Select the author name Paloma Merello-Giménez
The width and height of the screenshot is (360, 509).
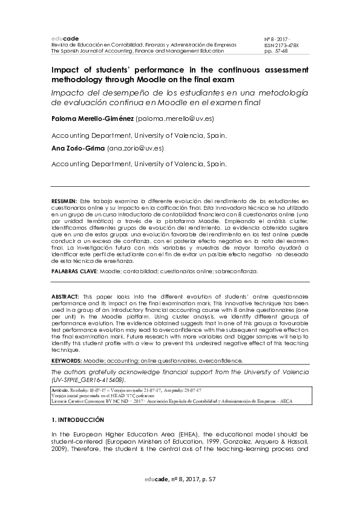click(x=93, y=120)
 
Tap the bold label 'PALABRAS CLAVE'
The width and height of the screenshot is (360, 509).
click(x=74, y=272)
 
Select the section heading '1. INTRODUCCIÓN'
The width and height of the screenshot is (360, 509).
click(x=77, y=420)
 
